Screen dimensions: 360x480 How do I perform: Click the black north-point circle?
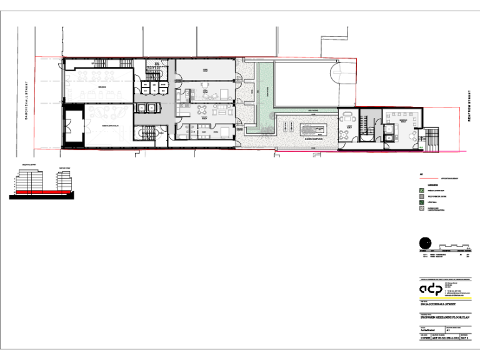(426, 244)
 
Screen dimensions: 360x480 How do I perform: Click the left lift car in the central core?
(142, 107)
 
